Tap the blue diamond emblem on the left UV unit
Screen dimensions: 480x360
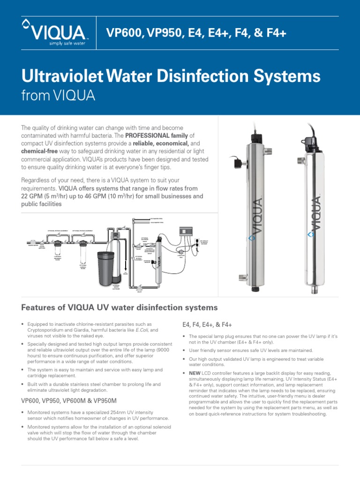[x=252, y=238]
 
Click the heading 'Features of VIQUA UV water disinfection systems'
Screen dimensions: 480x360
[x=120, y=307]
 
